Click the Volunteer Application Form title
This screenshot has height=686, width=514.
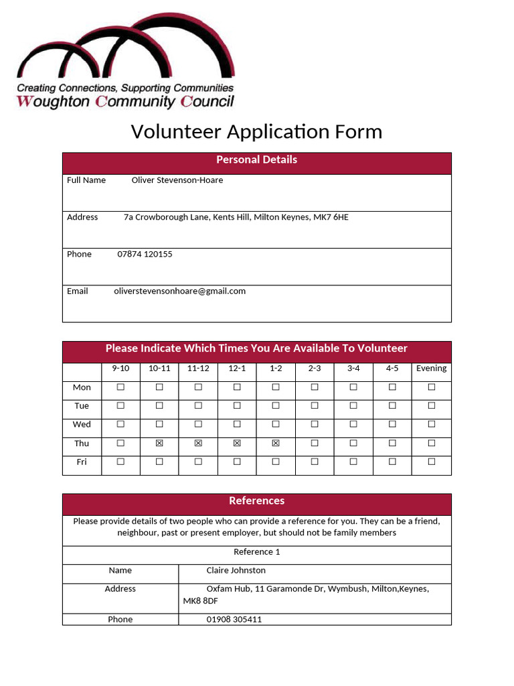256,131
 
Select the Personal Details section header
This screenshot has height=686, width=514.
256,160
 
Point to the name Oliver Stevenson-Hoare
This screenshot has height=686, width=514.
177,180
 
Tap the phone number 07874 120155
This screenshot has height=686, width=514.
145,255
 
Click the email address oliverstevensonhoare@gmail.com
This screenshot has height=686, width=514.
180,291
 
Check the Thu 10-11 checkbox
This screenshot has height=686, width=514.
159,443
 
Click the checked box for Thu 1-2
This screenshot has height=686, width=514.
276,443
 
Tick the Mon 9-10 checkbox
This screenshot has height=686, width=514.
120,387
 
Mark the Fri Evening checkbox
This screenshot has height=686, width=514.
432,462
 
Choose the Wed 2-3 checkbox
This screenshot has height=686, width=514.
315,425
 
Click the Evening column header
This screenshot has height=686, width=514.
431,368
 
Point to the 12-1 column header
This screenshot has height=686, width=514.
237,368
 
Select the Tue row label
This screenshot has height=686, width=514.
82,406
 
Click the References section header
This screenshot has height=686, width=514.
256,501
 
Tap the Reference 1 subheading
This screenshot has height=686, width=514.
256,552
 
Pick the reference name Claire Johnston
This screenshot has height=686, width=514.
236,571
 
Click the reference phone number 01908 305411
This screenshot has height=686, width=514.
234,620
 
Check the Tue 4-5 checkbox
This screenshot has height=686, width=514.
392,406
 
